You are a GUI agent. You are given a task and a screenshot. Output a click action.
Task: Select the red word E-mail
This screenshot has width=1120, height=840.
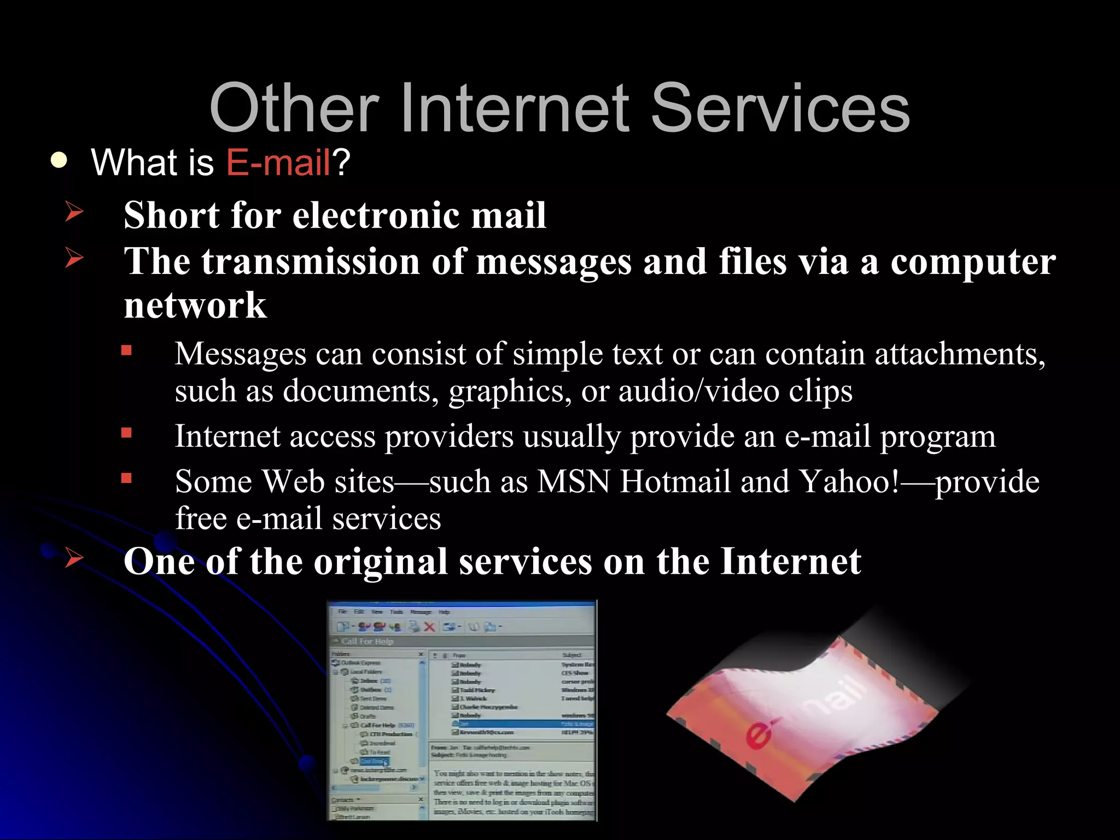click(278, 162)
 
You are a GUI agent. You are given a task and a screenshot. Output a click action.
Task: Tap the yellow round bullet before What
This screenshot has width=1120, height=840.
click(59, 161)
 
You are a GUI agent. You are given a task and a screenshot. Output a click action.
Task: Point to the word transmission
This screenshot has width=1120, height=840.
click(311, 261)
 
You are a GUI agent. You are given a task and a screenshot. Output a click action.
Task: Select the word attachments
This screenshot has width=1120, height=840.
click(960, 354)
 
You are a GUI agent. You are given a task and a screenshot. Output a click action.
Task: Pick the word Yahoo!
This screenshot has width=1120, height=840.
click(849, 482)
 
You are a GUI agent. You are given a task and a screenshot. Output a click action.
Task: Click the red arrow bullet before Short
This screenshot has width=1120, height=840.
click(74, 212)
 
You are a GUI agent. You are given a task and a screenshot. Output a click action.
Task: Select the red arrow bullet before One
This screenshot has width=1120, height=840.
click(74, 559)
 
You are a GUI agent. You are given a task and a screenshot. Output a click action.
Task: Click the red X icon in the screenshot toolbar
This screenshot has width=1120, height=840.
click(429, 627)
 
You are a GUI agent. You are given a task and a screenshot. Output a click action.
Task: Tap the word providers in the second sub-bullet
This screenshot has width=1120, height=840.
click(449, 436)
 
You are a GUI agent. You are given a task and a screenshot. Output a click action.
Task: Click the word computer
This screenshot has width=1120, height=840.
click(973, 261)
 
